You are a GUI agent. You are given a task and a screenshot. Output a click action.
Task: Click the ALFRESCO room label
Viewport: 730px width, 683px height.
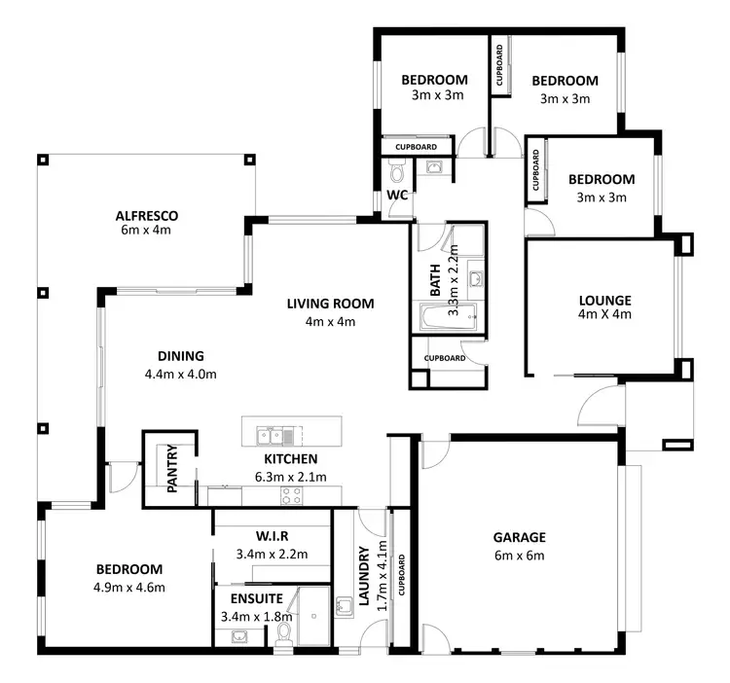[x=146, y=215]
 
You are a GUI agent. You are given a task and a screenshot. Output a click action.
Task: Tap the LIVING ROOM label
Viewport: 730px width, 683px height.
[x=330, y=304]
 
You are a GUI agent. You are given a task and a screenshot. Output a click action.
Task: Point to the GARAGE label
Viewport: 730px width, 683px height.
[x=519, y=537]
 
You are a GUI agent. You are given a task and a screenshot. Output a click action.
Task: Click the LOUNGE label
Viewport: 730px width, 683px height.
[x=604, y=301]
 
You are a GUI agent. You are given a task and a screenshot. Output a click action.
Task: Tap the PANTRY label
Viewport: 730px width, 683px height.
[x=171, y=469]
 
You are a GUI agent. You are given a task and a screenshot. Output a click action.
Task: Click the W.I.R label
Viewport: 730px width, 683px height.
[x=272, y=537]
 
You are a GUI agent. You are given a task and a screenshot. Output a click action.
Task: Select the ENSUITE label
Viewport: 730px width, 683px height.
[x=257, y=599]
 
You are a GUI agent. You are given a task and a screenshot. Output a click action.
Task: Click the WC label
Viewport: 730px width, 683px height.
[x=396, y=196]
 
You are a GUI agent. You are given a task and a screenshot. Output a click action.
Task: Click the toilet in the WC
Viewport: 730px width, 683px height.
[x=396, y=174]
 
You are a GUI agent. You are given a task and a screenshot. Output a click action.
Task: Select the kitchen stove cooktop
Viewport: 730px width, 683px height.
[x=292, y=495]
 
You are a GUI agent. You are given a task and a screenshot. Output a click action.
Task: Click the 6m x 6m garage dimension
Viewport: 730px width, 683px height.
[x=519, y=556]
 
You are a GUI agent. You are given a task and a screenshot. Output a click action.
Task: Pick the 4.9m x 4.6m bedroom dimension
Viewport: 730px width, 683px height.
[x=129, y=587]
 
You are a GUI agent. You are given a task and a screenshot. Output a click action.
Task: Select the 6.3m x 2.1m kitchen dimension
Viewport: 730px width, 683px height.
[x=290, y=477]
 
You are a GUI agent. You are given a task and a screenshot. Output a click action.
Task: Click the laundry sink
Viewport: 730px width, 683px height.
[x=344, y=608]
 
